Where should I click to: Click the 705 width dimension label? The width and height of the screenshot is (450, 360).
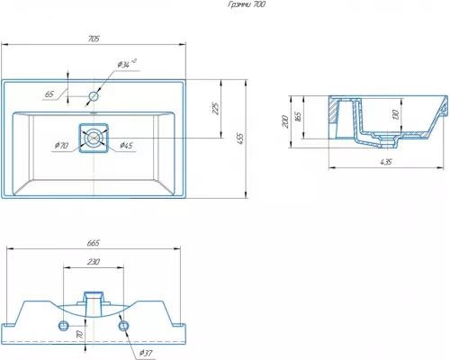point(94,39)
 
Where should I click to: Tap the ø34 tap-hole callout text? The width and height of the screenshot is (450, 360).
point(127,64)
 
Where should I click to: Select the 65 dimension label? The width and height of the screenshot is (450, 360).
point(49,94)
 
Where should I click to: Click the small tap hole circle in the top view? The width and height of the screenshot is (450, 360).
point(94,96)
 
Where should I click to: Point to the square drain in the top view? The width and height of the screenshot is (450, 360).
point(94,138)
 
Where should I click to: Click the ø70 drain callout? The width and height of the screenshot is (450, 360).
point(62,146)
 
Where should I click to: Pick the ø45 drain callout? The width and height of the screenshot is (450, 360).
point(126,146)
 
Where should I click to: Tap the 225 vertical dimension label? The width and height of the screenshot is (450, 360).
point(215,109)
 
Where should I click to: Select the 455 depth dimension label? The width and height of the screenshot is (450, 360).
point(240,139)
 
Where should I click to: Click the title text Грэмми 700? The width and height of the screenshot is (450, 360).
point(247,4)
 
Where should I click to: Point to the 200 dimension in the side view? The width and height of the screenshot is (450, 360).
point(285,121)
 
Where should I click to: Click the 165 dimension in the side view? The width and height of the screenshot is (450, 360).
point(298,117)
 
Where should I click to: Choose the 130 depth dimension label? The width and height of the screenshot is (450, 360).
point(395,114)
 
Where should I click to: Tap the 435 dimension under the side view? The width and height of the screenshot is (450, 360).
point(386,162)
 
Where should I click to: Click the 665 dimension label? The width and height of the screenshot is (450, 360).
point(94,243)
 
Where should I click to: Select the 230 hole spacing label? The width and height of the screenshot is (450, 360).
point(94,262)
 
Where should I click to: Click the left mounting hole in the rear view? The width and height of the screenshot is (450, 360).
point(64,326)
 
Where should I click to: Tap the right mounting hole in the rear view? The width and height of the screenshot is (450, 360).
point(123,326)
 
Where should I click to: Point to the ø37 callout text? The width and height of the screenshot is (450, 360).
point(146,353)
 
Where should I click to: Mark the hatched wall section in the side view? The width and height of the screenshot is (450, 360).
point(333,111)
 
